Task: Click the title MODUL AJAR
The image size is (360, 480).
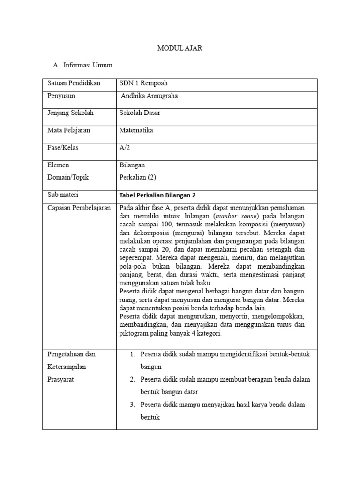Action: tap(180, 48)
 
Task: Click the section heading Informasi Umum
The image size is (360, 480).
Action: tap(88, 65)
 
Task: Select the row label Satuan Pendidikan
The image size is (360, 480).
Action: tap(74, 83)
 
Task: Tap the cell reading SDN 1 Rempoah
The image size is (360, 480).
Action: tap(143, 83)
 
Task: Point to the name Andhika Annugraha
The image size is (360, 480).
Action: tap(149, 96)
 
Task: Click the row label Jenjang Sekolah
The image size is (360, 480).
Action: tap(70, 113)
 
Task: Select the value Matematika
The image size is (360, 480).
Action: tap(136, 130)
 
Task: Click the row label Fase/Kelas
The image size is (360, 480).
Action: tap(63, 148)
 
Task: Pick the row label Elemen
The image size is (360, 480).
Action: tap(58, 165)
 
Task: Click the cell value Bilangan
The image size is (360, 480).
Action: tap(132, 165)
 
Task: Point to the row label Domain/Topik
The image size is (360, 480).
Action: tap(68, 177)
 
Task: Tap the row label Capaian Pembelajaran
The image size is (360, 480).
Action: tap(79, 208)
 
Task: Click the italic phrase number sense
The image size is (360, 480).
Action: tap(235, 216)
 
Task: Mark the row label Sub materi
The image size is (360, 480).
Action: tap(63, 195)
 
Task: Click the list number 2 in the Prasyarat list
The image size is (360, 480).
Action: tap(133, 379)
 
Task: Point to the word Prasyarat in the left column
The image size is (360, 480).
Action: tap(61, 379)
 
